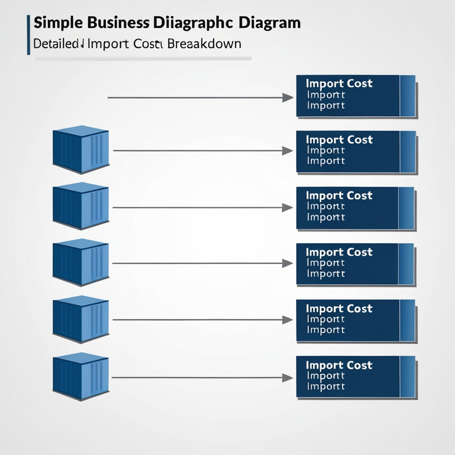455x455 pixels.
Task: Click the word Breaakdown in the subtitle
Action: coord(203,44)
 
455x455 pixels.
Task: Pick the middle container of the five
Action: coord(80,263)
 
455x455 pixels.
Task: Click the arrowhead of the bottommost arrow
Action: coord(287,377)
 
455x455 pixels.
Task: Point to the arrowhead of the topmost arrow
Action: coord(288,97)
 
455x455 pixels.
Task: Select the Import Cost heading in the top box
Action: coord(339,83)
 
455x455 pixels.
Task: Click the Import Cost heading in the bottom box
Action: coord(339,365)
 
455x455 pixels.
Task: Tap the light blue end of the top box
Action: coord(408,96)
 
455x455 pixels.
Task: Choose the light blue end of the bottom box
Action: coord(408,376)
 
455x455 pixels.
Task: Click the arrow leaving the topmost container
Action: coord(198,151)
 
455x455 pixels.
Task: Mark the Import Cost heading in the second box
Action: coord(339,140)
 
